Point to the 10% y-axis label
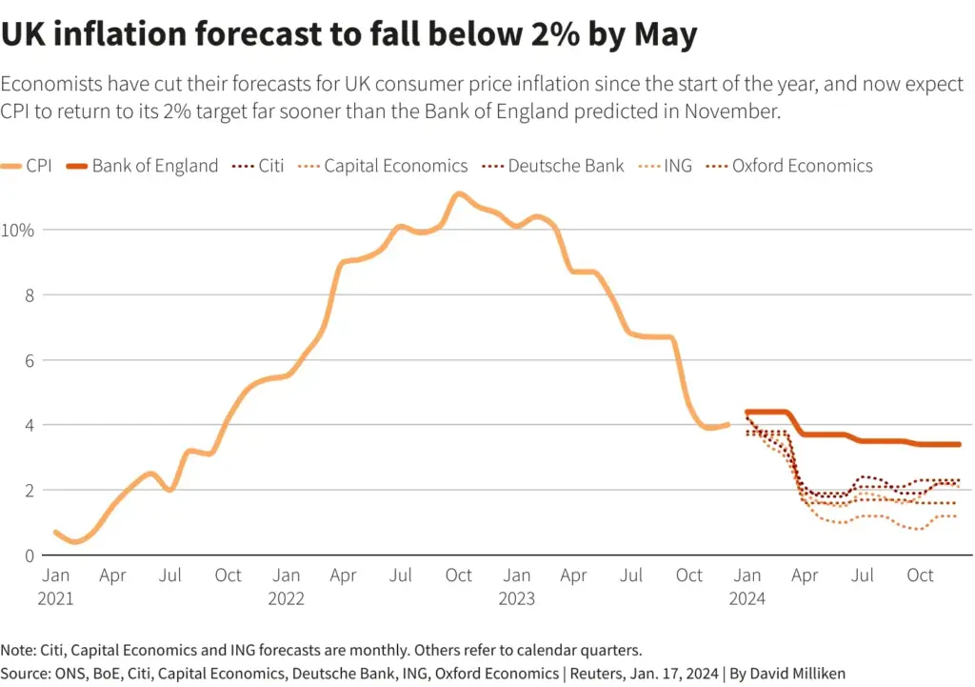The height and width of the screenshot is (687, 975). point(19,230)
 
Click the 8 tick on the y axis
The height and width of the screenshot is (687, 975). point(30,295)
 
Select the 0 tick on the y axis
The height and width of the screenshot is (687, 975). point(30,556)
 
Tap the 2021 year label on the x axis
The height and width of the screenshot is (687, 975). point(56,598)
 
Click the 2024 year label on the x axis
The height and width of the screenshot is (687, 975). point(747,598)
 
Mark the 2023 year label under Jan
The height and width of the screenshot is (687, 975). point(517,598)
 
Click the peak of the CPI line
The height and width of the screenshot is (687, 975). point(459,194)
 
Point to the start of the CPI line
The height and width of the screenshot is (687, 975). point(55,532)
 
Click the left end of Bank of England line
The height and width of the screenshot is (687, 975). point(747,412)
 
